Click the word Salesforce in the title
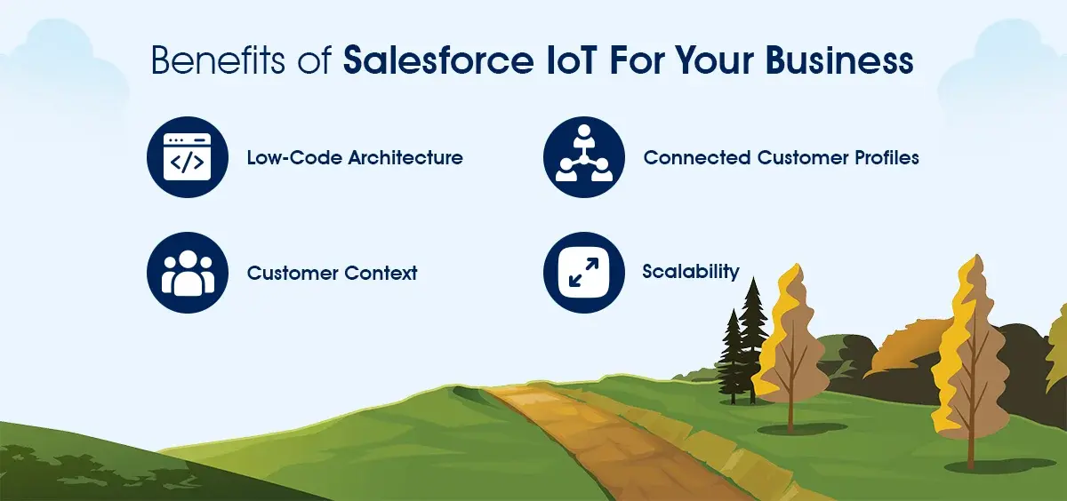438,60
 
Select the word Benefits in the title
218,60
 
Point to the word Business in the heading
839,60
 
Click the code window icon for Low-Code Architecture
188,157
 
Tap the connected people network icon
584,157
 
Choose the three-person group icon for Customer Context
188,273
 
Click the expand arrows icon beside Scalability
584,273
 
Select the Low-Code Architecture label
355,157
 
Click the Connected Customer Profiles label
782,157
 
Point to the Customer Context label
332,273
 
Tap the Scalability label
691,272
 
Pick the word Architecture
405,157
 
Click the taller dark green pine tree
753,340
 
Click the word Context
381,273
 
